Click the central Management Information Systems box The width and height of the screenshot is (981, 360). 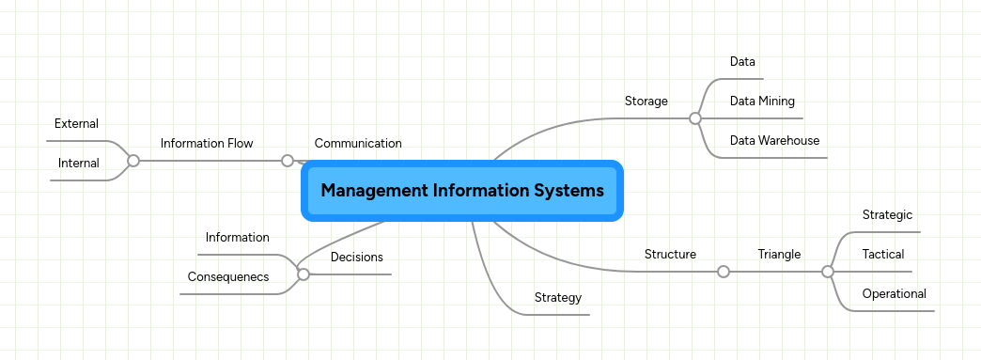[x=461, y=191]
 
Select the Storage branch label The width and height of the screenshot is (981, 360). [x=646, y=101]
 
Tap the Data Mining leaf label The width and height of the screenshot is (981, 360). [x=762, y=101]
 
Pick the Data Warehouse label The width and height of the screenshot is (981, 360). [x=774, y=140]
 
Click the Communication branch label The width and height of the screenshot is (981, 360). [x=358, y=144]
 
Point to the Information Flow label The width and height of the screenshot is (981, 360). [x=207, y=144]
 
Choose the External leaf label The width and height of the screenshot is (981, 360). [x=76, y=123]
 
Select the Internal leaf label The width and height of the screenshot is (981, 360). [x=78, y=163]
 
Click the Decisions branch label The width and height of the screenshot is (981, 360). [x=356, y=257]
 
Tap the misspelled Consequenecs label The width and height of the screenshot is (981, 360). [x=228, y=276]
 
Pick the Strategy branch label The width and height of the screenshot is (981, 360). [x=558, y=297]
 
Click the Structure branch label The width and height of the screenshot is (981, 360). [x=670, y=254]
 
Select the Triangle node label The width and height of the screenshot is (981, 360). [x=779, y=254]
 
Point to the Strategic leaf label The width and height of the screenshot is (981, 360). [x=887, y=214]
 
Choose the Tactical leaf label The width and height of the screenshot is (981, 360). [x=883, y=254]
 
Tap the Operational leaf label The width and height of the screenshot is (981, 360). [x=894, y=293]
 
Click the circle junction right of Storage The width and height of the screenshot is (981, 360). [x=695, y=118]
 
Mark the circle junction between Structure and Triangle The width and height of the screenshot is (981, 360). [x=724, y=272]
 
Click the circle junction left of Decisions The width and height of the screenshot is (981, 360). [x=304, y=274]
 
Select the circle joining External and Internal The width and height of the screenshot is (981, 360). [x=133, y=161]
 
